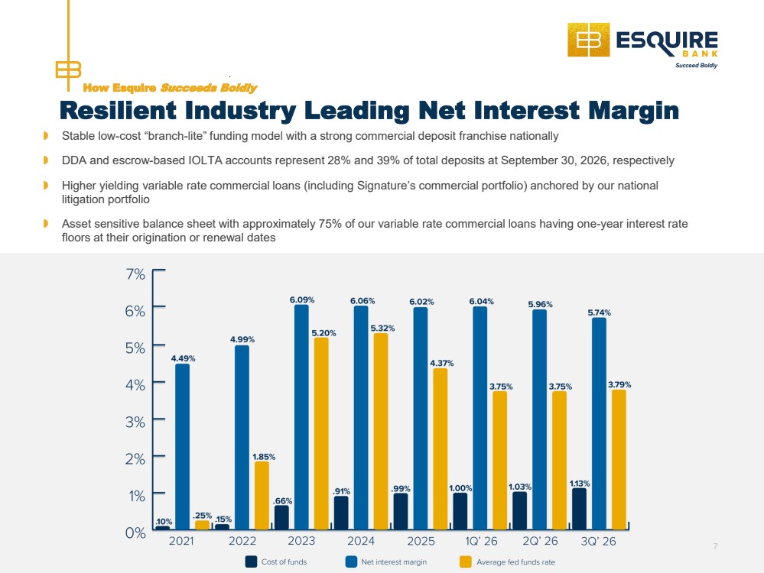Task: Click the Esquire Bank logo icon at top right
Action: [589, 40]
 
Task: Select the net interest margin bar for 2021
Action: [182, 446]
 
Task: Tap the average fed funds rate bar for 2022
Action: [262, 495]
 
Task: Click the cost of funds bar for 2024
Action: [341, 513]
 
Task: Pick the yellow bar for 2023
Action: [321, 433]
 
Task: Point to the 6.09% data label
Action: [302, 300]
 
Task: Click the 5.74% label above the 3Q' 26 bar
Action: [600, 312]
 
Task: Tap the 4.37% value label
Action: [441, 363]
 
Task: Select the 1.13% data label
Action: [580, 484]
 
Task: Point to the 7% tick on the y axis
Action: [135, 274]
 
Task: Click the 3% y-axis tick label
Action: [135, 422]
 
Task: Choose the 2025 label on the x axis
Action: [421, 541]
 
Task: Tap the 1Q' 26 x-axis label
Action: [481, 541]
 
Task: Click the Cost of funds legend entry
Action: [276, 562]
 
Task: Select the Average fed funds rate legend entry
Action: [507, 562]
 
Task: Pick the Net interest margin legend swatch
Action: [351, 562]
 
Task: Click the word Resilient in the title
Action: [118, 110]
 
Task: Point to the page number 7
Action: [715, 546]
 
